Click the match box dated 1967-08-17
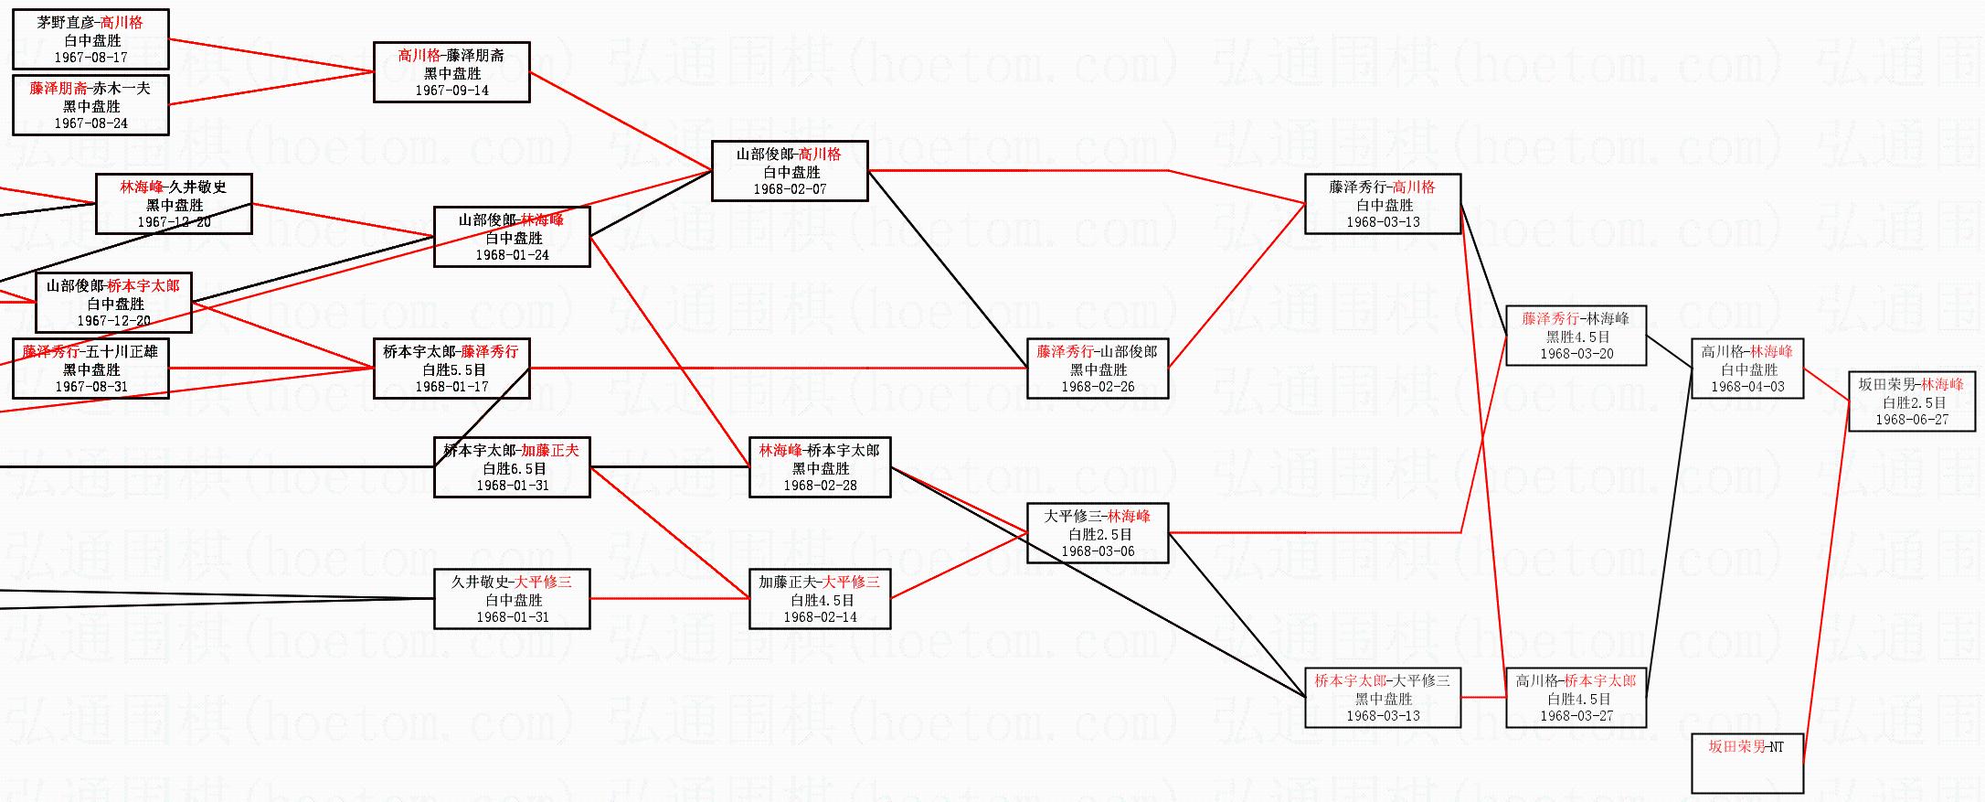tap(90, 39)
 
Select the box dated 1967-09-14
tap(451, 72)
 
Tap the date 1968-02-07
tap(790, 189)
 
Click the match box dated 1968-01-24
tap(512, 237)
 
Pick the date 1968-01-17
tap(451, 387)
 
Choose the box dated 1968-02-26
tap(1098, 369)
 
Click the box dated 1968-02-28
tap(820, 467)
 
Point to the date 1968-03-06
tap(1098, 551)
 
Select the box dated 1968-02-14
tap(820, 599)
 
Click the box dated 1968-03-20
tap(1576, 336)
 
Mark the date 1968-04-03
tap(1747, 387)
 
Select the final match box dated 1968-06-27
tap(1912, 401)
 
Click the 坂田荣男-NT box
tap(1746, 763)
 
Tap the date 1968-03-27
tap(1576, 716)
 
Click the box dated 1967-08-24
tap(90, 105)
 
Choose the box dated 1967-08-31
tap(90, 369)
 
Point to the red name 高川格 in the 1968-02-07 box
tap(820, 155)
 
